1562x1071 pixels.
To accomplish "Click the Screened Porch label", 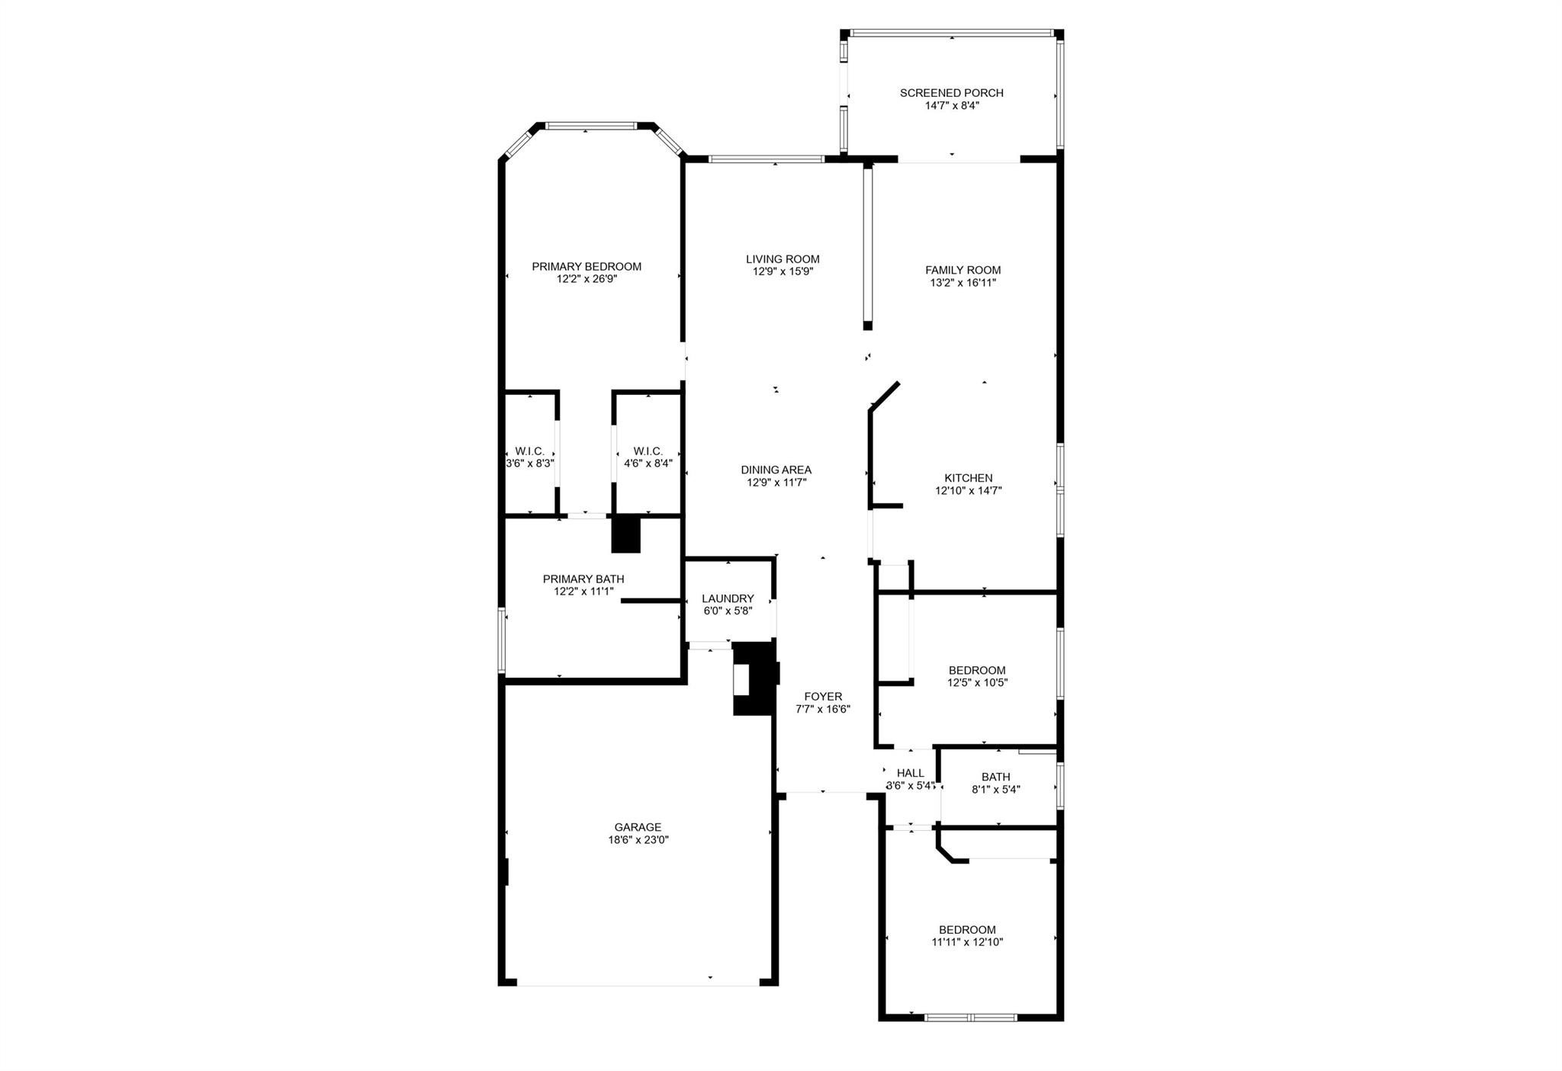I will [x=951, y=93].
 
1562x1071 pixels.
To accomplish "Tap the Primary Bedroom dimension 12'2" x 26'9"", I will [x=586, y=279].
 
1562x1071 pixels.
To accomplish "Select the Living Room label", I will [x=783, y=259].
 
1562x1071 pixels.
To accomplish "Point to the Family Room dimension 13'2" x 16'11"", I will [x=963, y=283].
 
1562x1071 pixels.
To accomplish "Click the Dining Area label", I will [x=776, y=470].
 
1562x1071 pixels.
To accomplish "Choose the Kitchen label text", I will [x=968, y=478].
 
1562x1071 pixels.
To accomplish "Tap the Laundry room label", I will [x=728, y=598].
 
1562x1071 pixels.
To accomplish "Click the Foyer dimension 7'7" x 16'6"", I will [x=822, y=709].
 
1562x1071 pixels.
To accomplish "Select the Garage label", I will [x=638, y=827].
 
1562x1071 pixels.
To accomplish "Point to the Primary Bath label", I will [x=583, y=579].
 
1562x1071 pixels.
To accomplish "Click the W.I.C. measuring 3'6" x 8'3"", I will [x=529, y=457].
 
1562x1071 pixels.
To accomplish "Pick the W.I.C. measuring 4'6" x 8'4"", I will [x=648, y=457].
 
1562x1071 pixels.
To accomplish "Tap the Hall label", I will [x=910, y=773].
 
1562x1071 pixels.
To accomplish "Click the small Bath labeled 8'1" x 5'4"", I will [x=995, y=784].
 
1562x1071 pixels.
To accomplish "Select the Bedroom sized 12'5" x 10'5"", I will [x=977, y=677].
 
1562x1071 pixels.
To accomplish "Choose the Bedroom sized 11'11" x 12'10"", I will [x=967, y=936].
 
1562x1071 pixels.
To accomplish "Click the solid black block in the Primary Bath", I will [x=626, y=534].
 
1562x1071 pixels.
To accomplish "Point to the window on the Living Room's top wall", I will [x=766, y=159].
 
